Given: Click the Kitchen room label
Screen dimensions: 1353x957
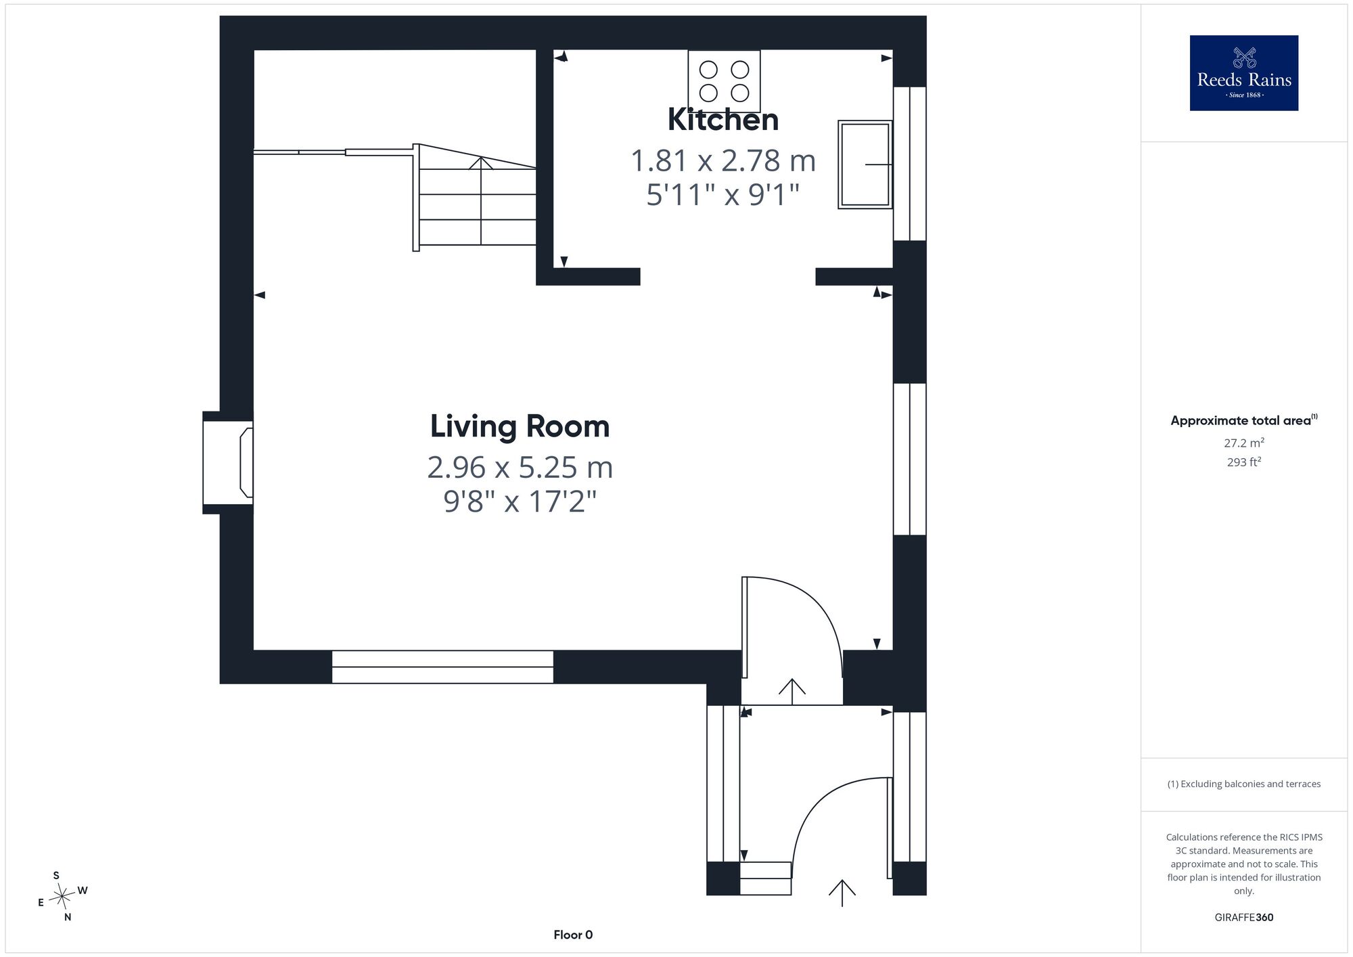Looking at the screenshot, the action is [723, 120].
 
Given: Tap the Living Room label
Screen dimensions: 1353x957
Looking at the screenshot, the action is [520, 426].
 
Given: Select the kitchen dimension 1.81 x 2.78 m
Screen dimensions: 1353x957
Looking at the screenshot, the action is [723, 161].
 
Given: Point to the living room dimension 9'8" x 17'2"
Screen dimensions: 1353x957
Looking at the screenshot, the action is [520, 502].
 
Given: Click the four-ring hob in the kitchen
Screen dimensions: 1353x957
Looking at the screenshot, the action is [724, 81].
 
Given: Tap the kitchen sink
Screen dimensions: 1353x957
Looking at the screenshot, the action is [865, 164].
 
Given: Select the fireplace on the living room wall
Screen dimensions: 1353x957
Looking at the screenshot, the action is [229, 462].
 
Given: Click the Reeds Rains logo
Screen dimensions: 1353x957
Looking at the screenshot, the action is [1244, 73].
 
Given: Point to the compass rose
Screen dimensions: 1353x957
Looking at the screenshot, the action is [62, 897].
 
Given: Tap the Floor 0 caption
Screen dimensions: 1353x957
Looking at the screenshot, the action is [573, 935].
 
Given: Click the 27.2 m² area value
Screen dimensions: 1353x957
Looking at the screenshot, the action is [1244, 443].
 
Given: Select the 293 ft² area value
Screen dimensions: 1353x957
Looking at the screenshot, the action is [1244, 462].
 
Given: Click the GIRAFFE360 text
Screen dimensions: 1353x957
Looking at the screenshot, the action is [1244, 918].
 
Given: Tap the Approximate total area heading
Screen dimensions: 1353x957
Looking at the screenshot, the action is [1244, 420].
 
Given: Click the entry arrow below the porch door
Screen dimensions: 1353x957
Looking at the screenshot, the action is [842, 893].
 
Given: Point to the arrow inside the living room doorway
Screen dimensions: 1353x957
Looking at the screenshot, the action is [792, 691].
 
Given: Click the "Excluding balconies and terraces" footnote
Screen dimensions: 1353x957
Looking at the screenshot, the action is [1244, 784].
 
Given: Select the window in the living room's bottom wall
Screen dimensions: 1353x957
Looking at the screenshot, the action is [442, 667].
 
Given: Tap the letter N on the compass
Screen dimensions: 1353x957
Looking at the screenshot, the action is [68, 918].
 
